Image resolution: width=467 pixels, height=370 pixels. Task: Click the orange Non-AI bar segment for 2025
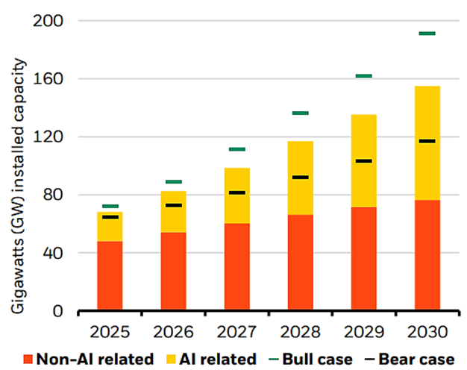tap(110, 275)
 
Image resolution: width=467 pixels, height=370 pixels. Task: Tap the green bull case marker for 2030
tap(427, 34)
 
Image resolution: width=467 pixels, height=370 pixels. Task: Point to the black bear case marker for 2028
tap(300, 177)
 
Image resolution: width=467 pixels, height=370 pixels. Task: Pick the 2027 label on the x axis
tap(236, 329)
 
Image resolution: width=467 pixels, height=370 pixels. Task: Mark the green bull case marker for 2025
tap(110, 207)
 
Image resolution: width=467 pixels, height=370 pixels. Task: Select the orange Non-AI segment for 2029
tap(363, 258)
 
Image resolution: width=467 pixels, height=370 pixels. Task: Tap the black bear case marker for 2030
tap(427, 141)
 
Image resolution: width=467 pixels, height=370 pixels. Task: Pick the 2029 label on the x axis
tap(363, 329)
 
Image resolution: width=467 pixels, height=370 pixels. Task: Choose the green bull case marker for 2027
tap(236, 149)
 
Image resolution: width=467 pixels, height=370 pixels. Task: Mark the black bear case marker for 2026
tap(174, 205)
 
